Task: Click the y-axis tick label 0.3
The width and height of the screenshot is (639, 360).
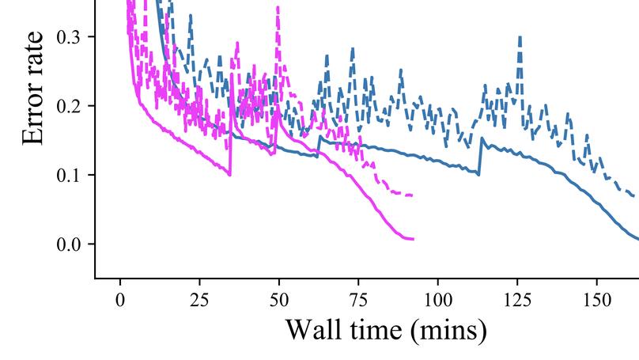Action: coord(69,37)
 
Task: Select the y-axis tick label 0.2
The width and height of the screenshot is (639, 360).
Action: coord(69,106)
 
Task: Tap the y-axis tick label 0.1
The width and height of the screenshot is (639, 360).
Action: coord(69,175)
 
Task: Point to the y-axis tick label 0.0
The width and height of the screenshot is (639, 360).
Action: coord(69,244)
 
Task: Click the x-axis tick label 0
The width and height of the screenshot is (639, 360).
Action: coord(120,301)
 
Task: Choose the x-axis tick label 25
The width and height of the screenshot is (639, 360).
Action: coord(199,301)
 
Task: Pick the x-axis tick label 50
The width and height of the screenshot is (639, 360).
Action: coord(279,301)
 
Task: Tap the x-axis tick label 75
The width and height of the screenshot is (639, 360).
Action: coord(358,301)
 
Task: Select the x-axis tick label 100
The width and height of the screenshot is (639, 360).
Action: coord(437,301)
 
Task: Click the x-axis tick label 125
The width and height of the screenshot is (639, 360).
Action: coord(517,301)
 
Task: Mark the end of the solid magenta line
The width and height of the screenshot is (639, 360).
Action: coord(413,238)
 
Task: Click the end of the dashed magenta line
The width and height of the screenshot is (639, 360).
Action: coord(412,195)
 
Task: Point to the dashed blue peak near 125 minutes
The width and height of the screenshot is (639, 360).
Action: coord(520,36)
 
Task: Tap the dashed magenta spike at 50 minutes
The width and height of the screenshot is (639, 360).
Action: coord(278,7)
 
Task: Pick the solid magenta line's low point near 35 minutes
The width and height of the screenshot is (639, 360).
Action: coord(230,174)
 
